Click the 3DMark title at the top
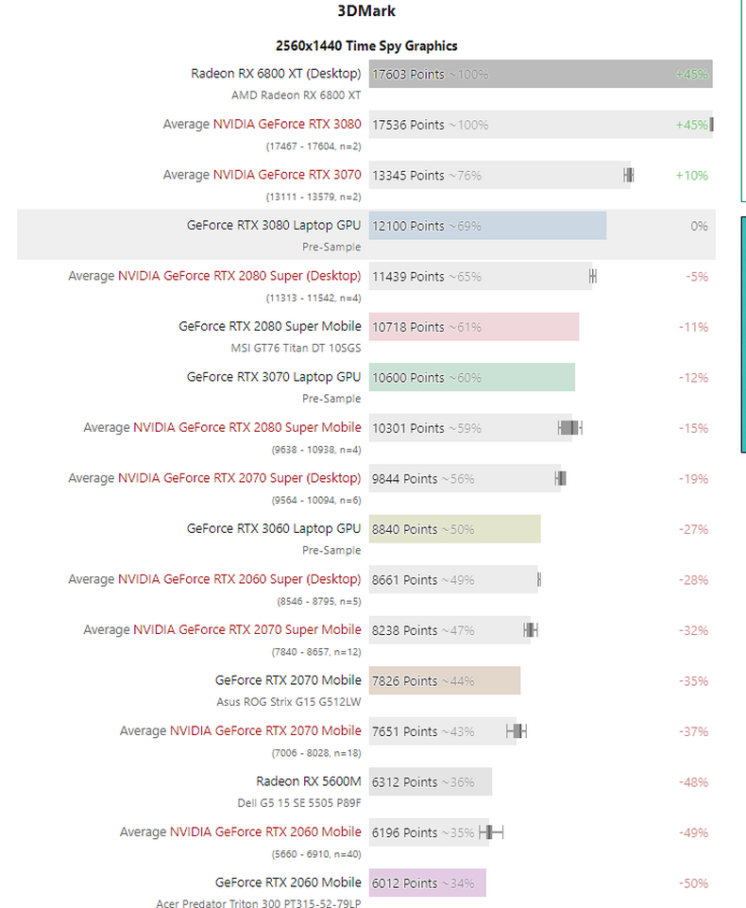pyautogui.click(x=365, y=12)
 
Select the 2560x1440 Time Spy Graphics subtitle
pyautogui.click(x=366, y=45)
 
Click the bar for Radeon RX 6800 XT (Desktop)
pyautogui.click(x=540, y=74)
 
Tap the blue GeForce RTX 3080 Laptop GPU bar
pyautogui.click(x=487, y=226)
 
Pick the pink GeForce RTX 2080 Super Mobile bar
pyautogui.click(x=474, y=327)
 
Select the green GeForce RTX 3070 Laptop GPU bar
pyautogui.click(x=472, y=377)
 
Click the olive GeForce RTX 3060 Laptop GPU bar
pyautogui.click(x=455, y=529)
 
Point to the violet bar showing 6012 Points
pyautogui.click(x=428, y=882)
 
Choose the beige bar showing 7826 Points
pyautogui.click(x=445, y=680)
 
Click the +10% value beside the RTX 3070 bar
pyautogui.click(x=691, y=176)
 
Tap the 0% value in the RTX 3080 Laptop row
pyautogui.click(x=699, y=226)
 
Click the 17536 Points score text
pyautogui.click(x=408, y=125)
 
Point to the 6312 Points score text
pyautogui.click(x=404, y=782)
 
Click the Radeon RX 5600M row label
pyautogui.click(x=308, y=781)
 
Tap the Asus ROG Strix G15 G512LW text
pyautogui.click(x=289, y=701)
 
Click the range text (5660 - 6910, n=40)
pyautogui.click(x=314, y=853)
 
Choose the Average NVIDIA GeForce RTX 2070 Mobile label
pyautogui.click(x=240, y=730)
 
